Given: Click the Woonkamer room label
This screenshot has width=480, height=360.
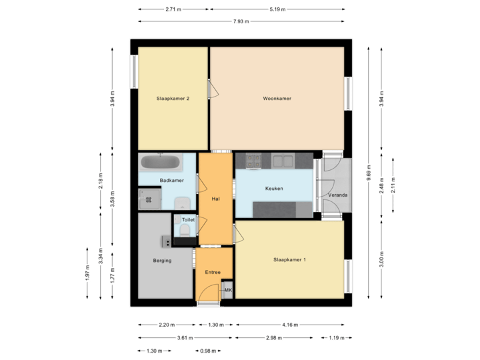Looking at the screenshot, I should [277, 99].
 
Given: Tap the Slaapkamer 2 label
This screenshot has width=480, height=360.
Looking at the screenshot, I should [173, 99].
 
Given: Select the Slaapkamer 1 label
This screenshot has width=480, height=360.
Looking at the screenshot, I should [290, 259].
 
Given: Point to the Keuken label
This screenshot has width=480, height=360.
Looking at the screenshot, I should [274, 189].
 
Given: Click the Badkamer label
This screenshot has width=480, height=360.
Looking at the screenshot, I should [171, 181].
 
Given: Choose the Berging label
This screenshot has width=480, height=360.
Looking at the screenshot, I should [162, 261].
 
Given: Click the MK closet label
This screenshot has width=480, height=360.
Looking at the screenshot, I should [227, 291].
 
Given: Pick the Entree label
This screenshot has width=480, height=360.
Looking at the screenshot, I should [213, 272].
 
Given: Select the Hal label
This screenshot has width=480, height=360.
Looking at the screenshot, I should [215, 199].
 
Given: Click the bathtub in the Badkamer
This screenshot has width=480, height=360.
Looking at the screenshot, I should [161, 162].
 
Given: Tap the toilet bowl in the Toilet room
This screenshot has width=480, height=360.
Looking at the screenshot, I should [185, 230].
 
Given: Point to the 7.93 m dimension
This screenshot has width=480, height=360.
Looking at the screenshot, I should [241, 21].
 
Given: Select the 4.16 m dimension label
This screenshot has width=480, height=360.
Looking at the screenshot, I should [290, 325].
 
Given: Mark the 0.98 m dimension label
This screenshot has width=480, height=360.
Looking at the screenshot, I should [208, 351].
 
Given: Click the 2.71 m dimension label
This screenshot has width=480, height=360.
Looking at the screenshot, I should [174, 9].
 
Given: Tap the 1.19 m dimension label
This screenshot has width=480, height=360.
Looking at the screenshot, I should [337, 338].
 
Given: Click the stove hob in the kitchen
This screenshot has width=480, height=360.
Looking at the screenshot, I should [253, 160].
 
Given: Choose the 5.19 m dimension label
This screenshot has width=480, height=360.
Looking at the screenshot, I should [278, 9].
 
